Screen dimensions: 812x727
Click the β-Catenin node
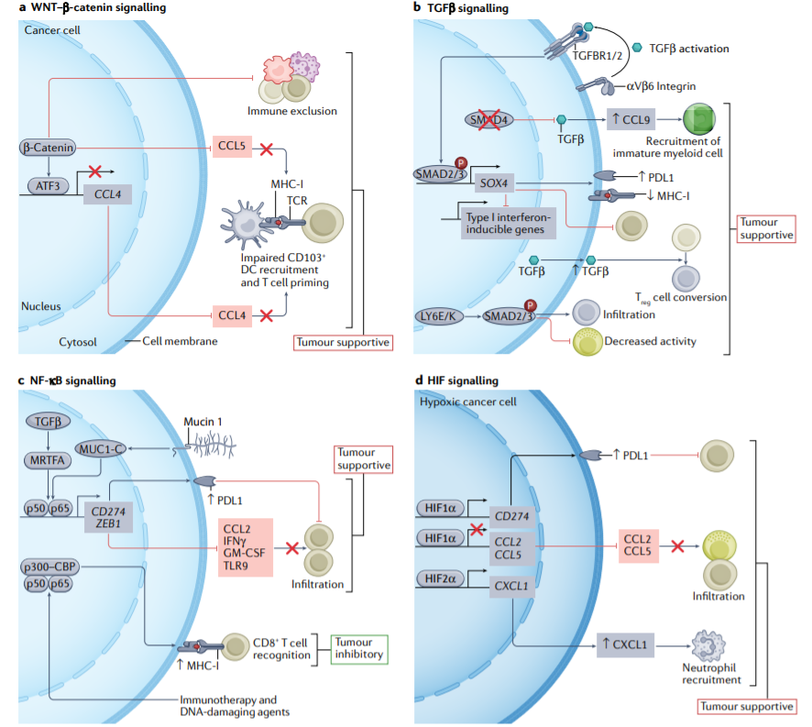click(48, 148)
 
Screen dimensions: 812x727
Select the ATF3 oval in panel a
click(48, 186)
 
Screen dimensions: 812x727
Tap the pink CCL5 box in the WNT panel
click(232, 146)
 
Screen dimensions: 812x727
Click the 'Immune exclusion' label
click(292, 111)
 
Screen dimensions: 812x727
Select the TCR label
click(297, 201)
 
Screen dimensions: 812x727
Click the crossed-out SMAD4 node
click(488, 120)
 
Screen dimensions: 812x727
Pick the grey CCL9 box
click(631, 120)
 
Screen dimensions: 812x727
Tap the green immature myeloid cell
click(699, 119)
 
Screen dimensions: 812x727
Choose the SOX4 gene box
click(494, 183)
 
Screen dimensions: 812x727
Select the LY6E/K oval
click(439, 316)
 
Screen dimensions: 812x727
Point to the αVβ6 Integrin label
click(662, 86)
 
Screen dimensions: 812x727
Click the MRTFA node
click(47, 460)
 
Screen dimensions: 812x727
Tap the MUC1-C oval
click(101, 449)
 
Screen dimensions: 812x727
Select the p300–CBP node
click(49, 567)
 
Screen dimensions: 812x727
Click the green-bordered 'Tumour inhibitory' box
click(359, 649)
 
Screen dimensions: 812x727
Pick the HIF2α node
click(440, 578)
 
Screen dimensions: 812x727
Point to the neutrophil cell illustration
click(708, 646)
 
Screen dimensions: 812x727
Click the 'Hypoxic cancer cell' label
click(468, 402)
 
